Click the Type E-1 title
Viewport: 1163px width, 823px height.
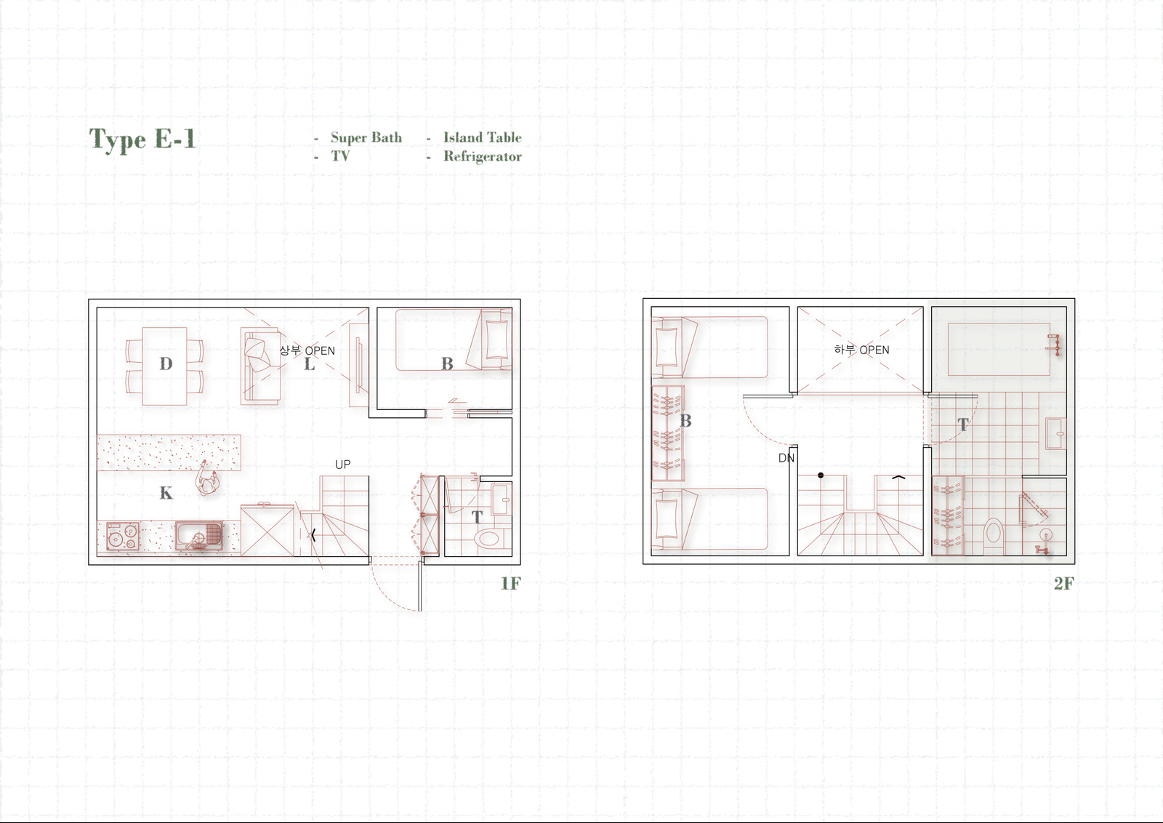(142, 140)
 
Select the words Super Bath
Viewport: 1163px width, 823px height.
(366, 138)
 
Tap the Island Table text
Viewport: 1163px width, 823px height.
(483, 137)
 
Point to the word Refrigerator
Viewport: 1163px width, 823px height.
(483, 157)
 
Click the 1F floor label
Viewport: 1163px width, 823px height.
(510, 583)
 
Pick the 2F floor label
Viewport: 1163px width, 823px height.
(1064, 583)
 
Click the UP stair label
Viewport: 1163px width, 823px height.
(342, 464)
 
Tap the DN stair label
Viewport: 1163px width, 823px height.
(786, 457)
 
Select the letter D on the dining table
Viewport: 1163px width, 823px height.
(166, 364)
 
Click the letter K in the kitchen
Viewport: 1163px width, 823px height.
(166, 492)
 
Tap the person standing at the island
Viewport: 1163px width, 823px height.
(206, 480)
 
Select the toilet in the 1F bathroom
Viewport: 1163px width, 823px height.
(489, 538)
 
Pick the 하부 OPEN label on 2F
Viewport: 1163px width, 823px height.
(861, 350)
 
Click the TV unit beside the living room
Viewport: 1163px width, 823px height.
(359, 365)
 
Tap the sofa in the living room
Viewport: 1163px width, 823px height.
(261, 366)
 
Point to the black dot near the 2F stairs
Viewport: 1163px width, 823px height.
(821, 475)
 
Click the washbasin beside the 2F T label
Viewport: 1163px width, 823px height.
(1055, 433)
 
